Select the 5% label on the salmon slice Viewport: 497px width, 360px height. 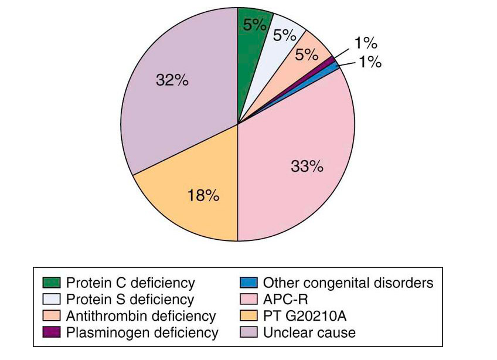pos(307,55)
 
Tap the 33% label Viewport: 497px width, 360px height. pos(307,167)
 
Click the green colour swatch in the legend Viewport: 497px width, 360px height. pos(52,283)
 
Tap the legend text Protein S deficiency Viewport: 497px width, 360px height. pos(130,300)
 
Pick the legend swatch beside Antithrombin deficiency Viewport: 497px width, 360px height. pos(52,317)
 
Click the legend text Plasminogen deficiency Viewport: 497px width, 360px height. pos(142,333)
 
